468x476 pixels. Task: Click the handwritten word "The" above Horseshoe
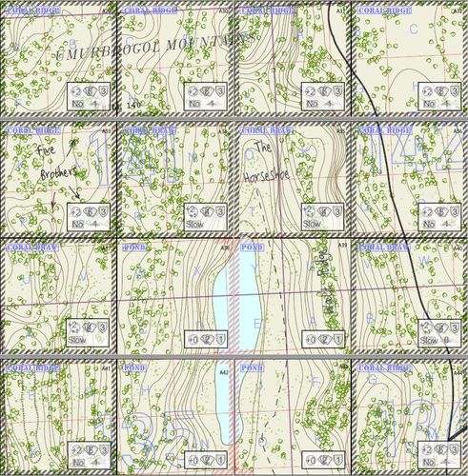pyautogui.click(x=262, y=149)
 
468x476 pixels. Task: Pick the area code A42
pyautogui.click(x=225, y=368)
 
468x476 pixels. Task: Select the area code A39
pyautogui.click(x=342, y=247)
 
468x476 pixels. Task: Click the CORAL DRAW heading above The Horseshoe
pyautogui.click(x=256, y=129)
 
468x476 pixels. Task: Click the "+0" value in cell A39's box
pyautogui.click(x=310, y=339)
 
